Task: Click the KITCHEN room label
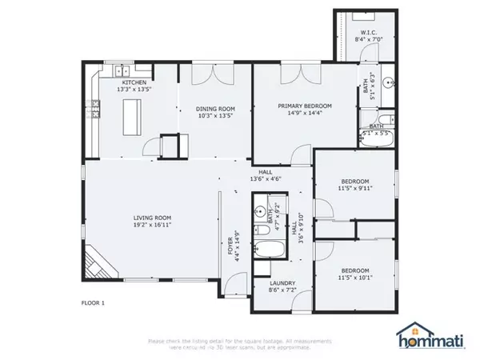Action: [134, 82]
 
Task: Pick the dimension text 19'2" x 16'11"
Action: [152, 225]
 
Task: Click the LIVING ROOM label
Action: [152, 218]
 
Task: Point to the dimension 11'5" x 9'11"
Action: [355, 189]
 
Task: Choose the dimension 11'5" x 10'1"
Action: [355, 278]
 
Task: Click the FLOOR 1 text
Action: [94, 303]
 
